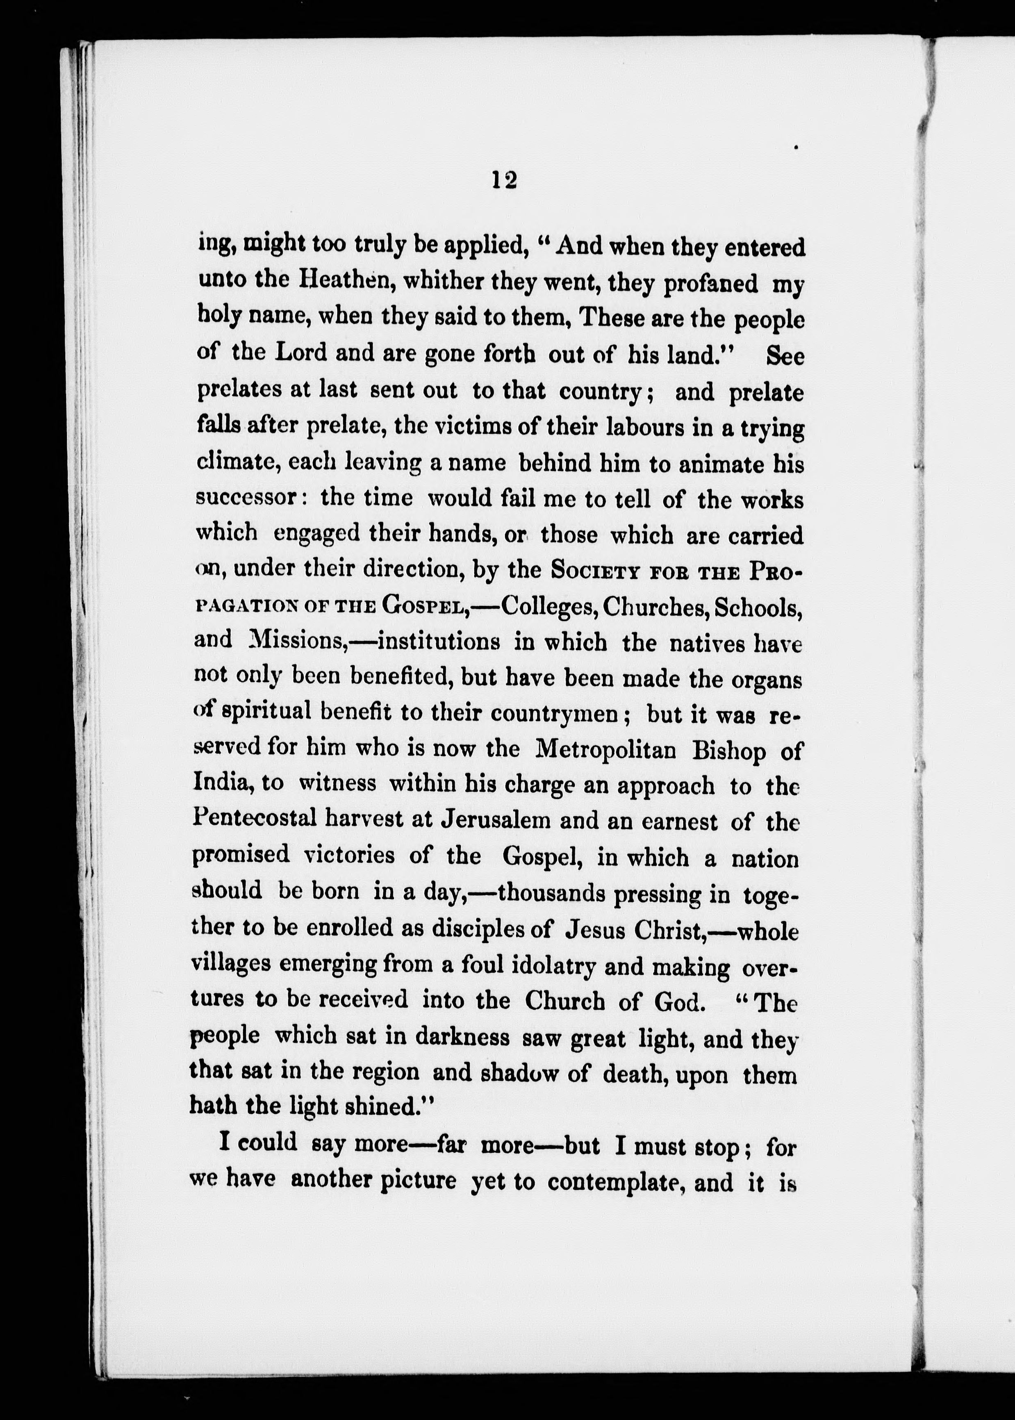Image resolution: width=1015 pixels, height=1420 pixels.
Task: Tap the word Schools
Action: coord(758,608)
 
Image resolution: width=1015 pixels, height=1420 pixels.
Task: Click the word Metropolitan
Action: coord(605,749)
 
